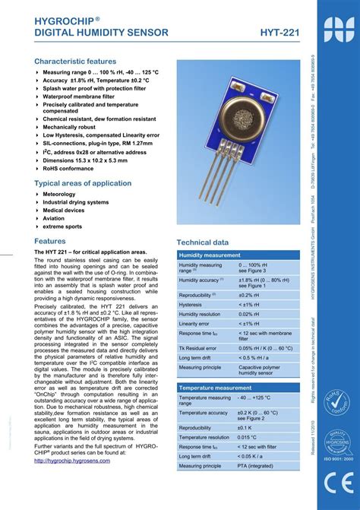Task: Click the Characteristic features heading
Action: click(75, 61)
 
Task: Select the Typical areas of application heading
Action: click(83, 183)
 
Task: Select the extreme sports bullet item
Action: click(62, 226)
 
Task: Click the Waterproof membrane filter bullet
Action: click(84, 97)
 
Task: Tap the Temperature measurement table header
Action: click(214, 388)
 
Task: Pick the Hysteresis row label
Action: click(191, 304)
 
